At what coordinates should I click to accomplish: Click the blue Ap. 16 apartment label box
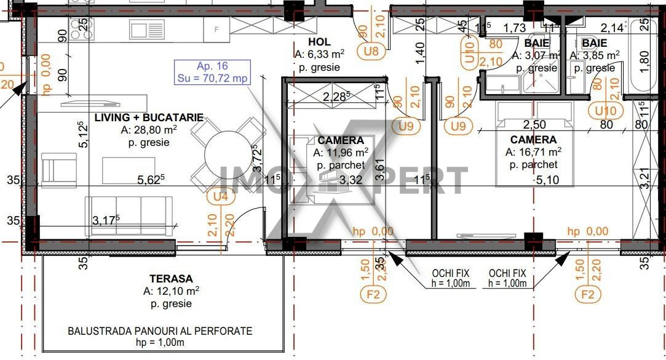212,72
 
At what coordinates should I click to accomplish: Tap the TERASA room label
171,278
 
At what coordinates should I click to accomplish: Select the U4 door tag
220,197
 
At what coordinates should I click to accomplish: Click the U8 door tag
371,51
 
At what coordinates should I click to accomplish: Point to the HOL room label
320,42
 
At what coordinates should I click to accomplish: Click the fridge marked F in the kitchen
216,29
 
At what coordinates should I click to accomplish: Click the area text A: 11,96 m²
341,153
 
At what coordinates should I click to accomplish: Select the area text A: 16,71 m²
533,152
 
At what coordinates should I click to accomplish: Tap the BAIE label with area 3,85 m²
594,43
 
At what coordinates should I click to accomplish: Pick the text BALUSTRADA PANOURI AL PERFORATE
160,331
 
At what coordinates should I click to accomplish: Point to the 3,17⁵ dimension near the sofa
106,220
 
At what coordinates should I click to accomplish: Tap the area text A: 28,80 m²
149,130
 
